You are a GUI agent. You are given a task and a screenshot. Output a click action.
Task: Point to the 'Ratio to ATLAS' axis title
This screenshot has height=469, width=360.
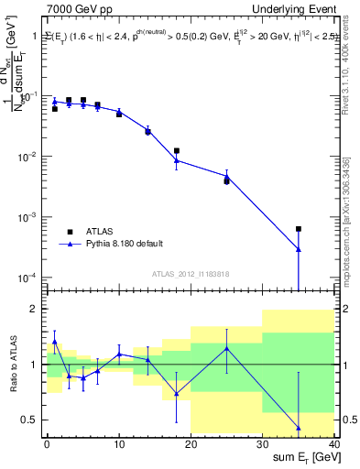pos(12,365)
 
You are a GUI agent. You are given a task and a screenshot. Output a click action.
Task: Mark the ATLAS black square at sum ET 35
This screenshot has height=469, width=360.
pos(299,229)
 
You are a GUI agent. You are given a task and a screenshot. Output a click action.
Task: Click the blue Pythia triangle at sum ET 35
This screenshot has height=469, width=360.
pos(299,249)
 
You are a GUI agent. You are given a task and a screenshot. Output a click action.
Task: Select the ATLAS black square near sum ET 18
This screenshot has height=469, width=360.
pos(176,150)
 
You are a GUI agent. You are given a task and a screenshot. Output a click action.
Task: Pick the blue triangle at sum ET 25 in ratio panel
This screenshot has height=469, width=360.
pos(226,348)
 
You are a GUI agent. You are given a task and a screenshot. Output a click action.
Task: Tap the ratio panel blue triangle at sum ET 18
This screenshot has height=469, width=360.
pos(176,394)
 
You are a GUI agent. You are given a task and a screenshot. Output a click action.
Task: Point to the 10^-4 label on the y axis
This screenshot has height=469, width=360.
pos(29,278)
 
